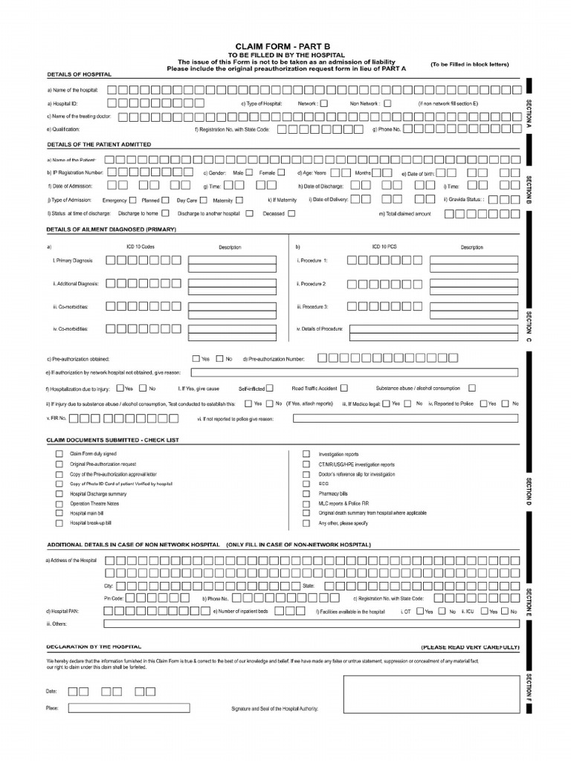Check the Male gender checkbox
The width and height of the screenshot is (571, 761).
point(249,172)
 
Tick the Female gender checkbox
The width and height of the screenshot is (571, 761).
point(280,172)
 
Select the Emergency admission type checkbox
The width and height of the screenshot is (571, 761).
point(132,200)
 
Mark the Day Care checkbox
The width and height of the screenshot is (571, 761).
point(203,200)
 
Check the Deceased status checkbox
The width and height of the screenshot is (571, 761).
point(291,213)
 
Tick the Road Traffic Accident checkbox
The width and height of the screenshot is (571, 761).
point(343,388)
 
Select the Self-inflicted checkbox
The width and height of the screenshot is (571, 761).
point(269,388)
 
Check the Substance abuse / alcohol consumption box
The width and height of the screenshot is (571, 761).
point(471,388)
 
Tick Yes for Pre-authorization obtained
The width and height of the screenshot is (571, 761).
point(196,358)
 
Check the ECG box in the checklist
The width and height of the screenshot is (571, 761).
point(306,483)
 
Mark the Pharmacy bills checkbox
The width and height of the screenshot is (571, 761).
point(306,493)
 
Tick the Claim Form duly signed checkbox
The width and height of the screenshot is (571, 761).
point(59,453)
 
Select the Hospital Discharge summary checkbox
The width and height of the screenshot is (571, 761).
point(59,493)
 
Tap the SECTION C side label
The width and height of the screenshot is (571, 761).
point(529,327)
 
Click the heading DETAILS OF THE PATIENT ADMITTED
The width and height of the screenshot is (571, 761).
point(99,144)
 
